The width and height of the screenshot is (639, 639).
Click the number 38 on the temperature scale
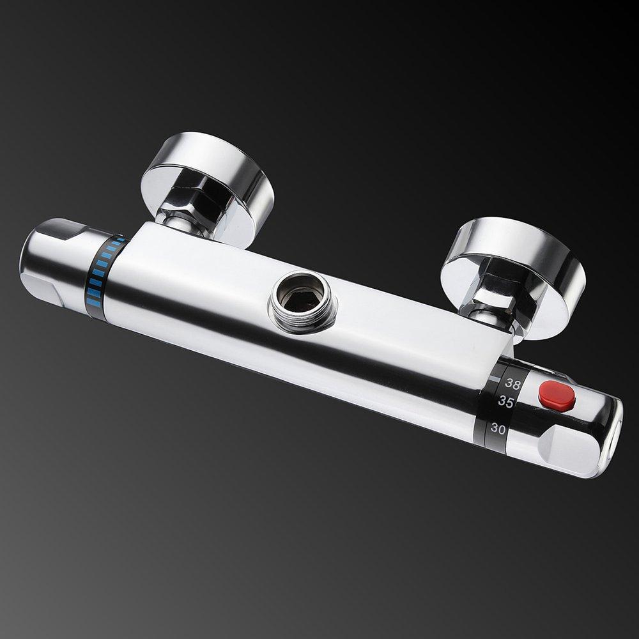[x=512, y=383]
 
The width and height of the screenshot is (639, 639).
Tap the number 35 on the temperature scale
[x=506, y=402]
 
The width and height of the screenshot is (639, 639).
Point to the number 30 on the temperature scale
[x=498, y=429]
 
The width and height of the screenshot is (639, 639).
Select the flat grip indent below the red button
[x=562, y=447]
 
